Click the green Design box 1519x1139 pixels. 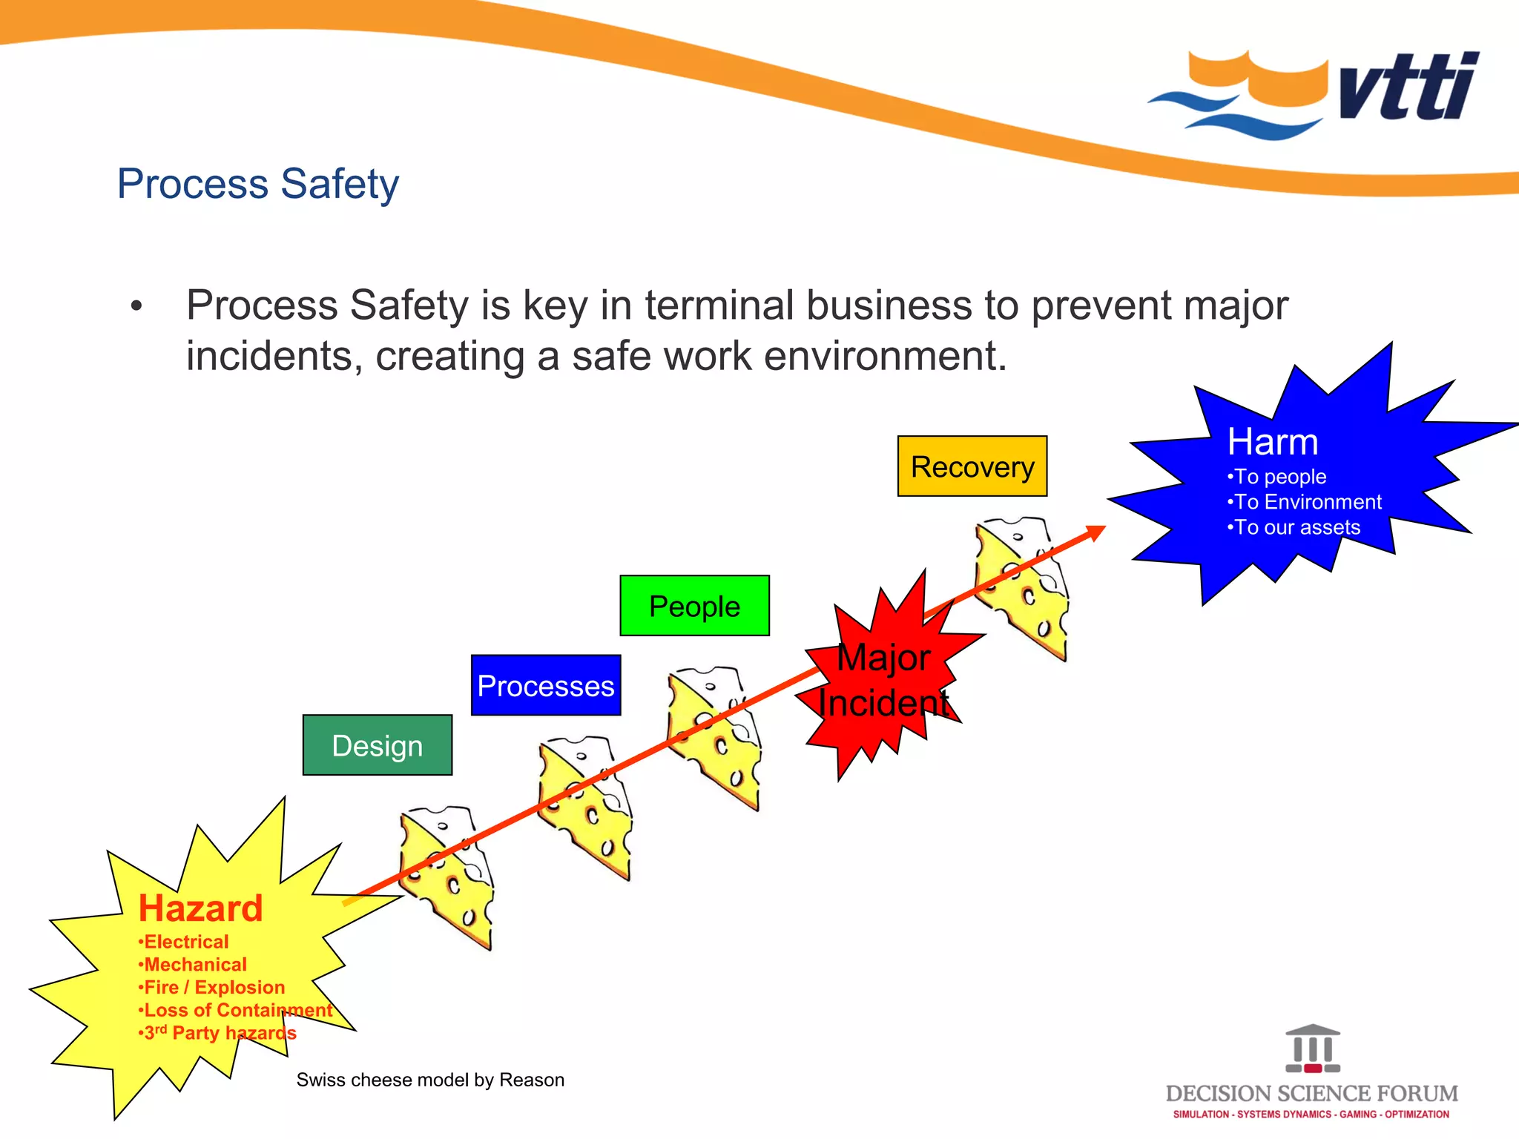377,745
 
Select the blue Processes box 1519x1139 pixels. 546,685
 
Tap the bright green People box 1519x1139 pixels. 694,606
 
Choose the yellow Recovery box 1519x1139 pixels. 972,466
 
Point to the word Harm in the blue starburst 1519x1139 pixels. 1273,442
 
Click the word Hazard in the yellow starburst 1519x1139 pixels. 200,908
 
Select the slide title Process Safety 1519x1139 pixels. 258,183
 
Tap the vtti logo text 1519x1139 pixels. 1409,88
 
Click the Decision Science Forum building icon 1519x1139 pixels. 1313,1049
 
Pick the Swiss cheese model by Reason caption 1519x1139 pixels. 430,1080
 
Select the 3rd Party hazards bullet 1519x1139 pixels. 220,1033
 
